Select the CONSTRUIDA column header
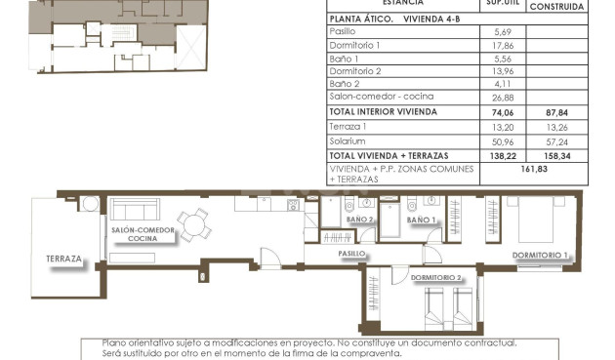(x=556, y=6)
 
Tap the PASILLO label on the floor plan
(x=351, y=253)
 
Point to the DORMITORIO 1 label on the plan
(x=540, y=256)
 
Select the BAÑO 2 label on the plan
(x=359, y=220)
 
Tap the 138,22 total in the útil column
(x=504, y=155)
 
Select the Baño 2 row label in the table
(x=345, y=84)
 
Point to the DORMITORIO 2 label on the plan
(x=435, y=277)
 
